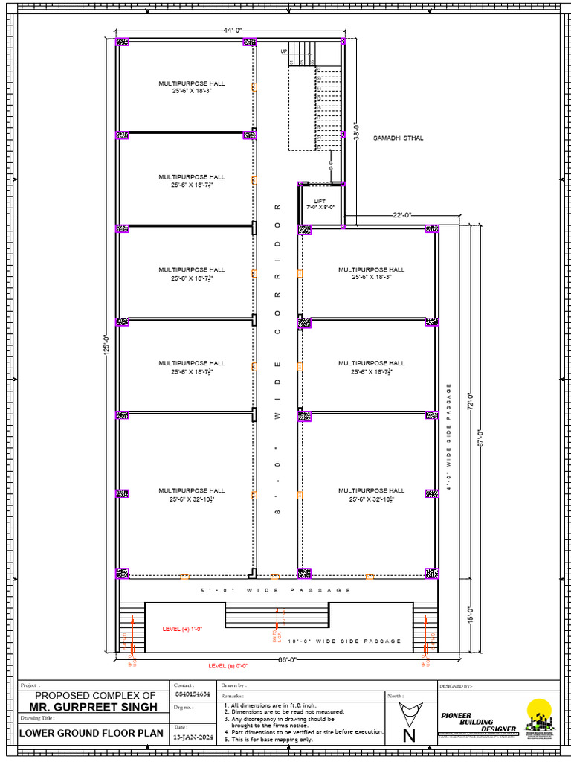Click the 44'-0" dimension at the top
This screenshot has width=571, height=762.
point(228,30)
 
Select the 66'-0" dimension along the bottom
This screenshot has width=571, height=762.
point(287,660)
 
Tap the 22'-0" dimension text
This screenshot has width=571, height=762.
point(402,215)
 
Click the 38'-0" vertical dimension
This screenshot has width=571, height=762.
point(356,132)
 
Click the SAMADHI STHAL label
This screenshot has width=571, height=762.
point(398,138)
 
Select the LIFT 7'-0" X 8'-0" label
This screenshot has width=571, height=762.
point(320,204)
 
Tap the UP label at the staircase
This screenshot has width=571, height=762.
point(284,51)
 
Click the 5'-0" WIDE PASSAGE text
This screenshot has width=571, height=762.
point(276,590)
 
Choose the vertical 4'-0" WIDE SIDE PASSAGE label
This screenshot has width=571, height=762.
point(448,432)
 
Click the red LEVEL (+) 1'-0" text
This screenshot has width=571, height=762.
point(182,629)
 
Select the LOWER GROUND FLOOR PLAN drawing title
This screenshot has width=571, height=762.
point(91,733)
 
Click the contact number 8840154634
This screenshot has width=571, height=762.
point(190,694)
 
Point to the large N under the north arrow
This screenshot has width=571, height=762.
point(409,736)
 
